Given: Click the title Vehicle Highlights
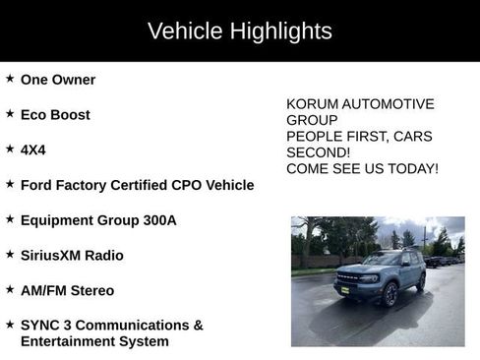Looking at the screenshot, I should click(239, 30).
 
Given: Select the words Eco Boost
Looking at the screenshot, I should click(55, 114).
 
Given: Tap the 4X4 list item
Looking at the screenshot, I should click(33, 150).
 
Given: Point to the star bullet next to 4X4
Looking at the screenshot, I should click(10, 149).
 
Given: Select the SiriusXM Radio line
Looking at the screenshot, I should click(72, 255).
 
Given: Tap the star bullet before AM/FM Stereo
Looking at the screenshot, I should click(10, 289).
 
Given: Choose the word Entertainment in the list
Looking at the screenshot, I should click(67, 341).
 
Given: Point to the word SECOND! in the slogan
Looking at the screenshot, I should click(318, 152).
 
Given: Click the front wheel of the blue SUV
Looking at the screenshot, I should click(390, 295).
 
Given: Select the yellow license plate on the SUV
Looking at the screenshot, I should click(346, 289).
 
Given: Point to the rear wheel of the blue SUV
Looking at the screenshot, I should click(421, 283).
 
